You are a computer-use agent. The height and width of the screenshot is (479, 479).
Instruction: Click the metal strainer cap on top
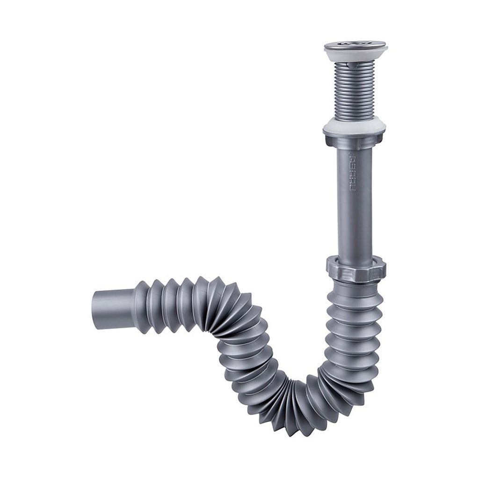356,45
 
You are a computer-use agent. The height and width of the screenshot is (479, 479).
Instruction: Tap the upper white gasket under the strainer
356,56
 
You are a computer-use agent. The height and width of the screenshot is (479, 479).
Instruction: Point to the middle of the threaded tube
355,89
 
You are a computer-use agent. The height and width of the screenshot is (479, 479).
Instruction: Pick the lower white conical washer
355,126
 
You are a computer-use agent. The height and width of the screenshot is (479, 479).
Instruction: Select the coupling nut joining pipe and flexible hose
356,268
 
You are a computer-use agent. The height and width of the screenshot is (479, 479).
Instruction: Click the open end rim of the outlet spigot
95,310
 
